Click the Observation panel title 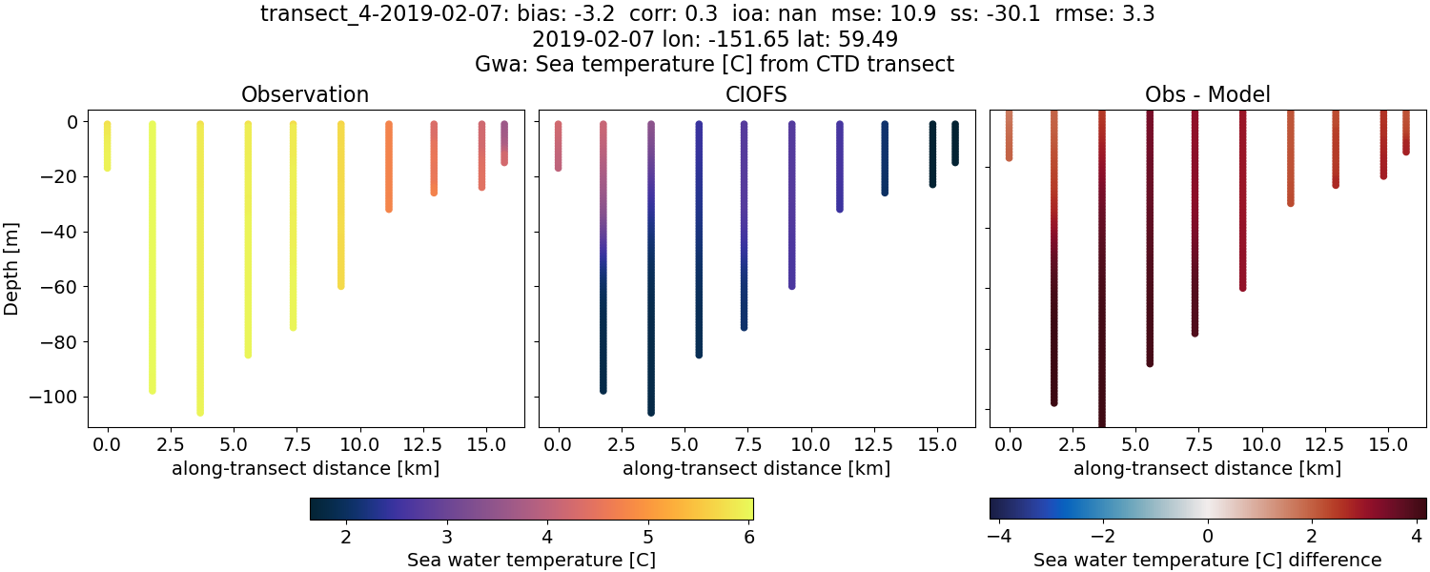click(x=305, y=94)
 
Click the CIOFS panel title click(x=756, y=94)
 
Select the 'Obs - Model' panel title click(x=1207, y=94)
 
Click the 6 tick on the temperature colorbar click(x=748, y=537)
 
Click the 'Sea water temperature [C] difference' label click(x=1207, y=560)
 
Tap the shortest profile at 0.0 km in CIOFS click(x=559, y=146)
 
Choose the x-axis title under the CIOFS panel click(x=756, y=468)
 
